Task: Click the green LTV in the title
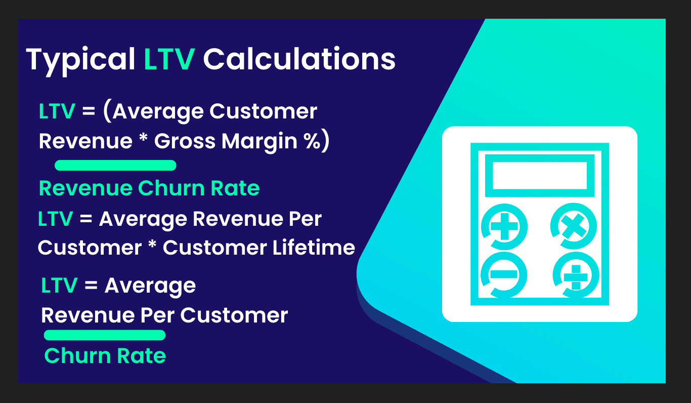point(169,59)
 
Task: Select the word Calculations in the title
point(299,59)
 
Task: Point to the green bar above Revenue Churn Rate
point(115,165)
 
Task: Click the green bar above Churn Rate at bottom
point(105,335)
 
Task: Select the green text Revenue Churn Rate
point(149,188)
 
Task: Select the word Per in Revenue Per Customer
point(157,315)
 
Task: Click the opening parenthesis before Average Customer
point(108,111)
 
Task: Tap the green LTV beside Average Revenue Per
point(55,219)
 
